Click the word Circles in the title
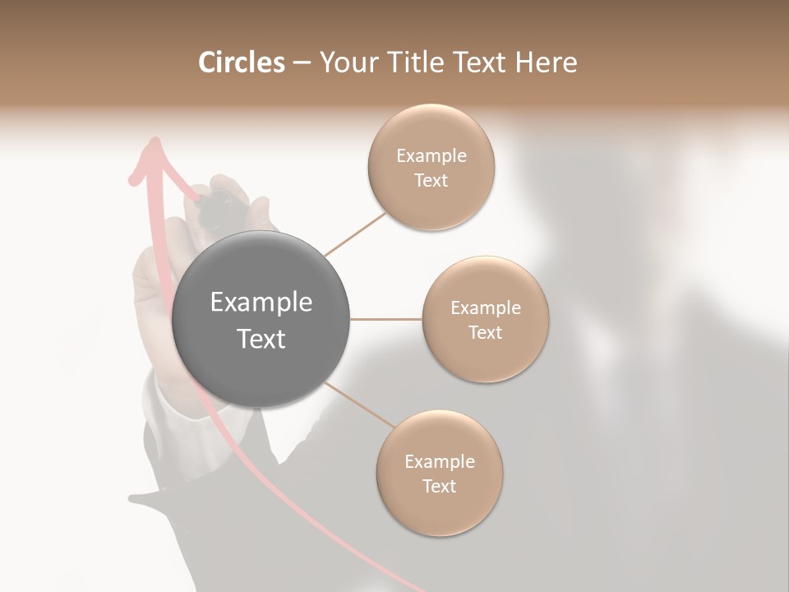point(242,62)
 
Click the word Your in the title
point(346,62)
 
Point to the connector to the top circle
point(355,234)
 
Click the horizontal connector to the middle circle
point(386,318)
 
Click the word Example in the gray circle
point(261,303)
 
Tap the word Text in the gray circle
point(261,339)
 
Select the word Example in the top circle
point(431,156)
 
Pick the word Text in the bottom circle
point(439,486)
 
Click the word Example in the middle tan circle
point(485,308)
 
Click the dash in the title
point(302,63)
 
